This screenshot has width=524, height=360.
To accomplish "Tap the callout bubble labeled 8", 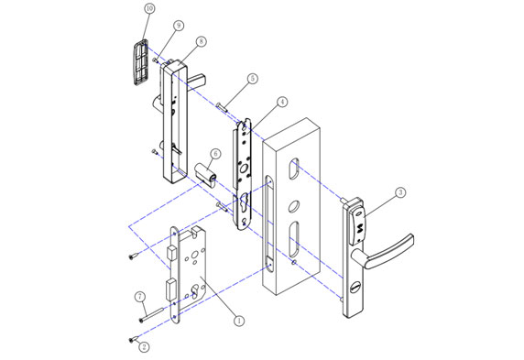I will pos(201,42).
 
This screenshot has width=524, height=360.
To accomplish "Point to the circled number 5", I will pos(252,80).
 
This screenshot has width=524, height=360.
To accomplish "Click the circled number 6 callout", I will pos(215,154).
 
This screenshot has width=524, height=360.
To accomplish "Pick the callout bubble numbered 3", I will pos(400,193).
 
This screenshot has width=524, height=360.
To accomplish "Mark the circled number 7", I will pos(140,297).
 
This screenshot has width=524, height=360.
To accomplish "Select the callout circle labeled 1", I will pos(239,321).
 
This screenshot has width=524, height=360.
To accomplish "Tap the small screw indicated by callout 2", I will pos(132,338).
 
